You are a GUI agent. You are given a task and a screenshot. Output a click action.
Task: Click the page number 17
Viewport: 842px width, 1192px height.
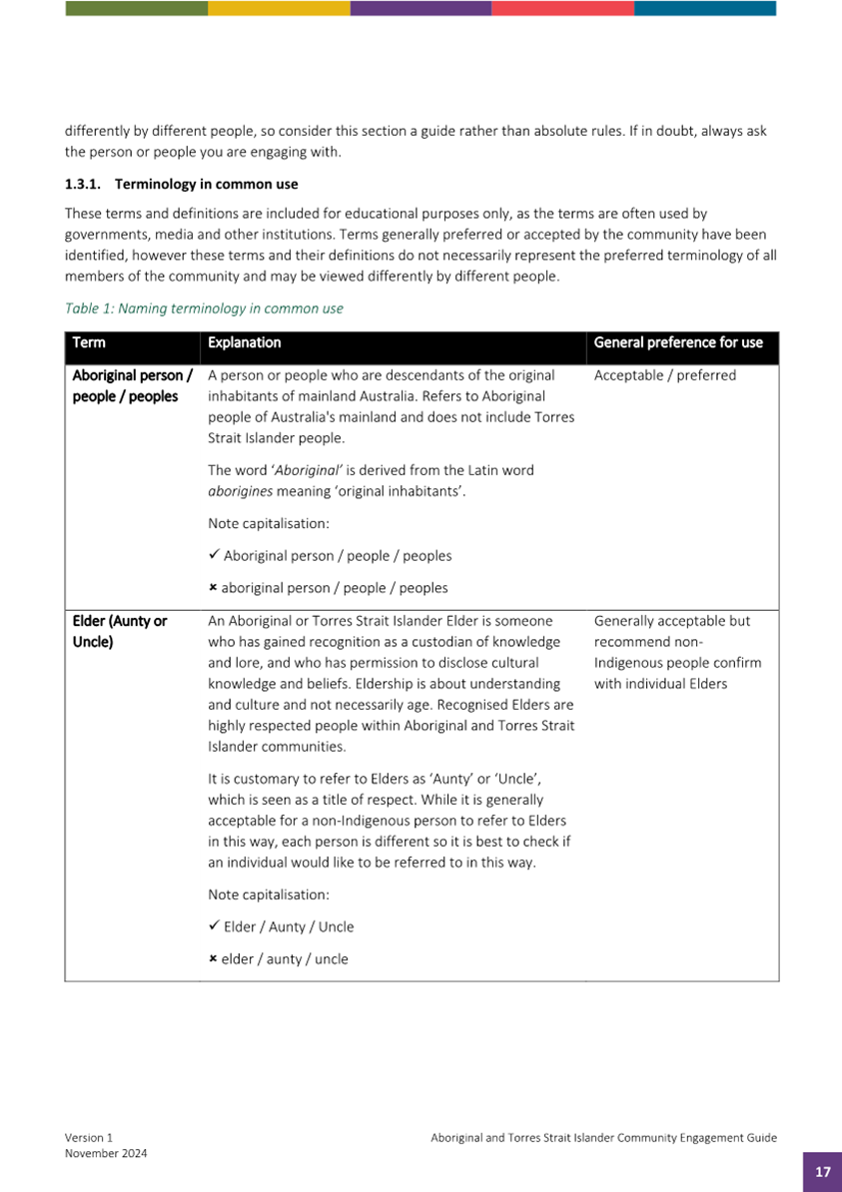click(822, 1172)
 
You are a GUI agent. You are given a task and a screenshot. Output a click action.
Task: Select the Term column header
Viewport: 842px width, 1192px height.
click(89, 342)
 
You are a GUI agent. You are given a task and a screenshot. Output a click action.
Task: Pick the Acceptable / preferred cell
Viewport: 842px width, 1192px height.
click(664, 375)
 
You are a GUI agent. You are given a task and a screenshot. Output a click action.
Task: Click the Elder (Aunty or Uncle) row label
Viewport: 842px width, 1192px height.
click(119, 631)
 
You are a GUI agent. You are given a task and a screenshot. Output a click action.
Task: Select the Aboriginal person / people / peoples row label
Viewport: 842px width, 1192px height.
click(131, 385)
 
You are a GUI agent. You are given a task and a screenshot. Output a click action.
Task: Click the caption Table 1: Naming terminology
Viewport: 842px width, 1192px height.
click(204, 308)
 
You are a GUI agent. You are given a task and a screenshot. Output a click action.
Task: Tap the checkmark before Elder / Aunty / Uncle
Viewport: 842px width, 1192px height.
click(214, 926)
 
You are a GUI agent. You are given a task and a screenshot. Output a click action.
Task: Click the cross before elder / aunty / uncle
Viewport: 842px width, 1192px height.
click(213, 959)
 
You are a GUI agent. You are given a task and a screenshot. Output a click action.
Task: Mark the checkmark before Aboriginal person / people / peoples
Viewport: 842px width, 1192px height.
click(214, 555)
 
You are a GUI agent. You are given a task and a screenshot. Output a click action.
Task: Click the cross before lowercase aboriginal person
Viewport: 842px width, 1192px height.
click(213, 588)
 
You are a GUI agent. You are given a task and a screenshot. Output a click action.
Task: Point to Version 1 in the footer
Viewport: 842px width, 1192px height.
click(89, 1137)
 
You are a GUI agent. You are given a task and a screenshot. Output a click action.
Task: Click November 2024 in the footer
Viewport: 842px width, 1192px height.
click(106, 1153)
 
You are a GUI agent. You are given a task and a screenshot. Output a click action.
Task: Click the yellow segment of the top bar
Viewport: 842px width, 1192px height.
click(279, 8)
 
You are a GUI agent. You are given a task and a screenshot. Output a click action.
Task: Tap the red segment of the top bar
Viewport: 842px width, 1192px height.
click(562, 8)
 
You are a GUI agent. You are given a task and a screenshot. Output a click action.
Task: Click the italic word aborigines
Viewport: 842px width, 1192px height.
click(236, 490)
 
